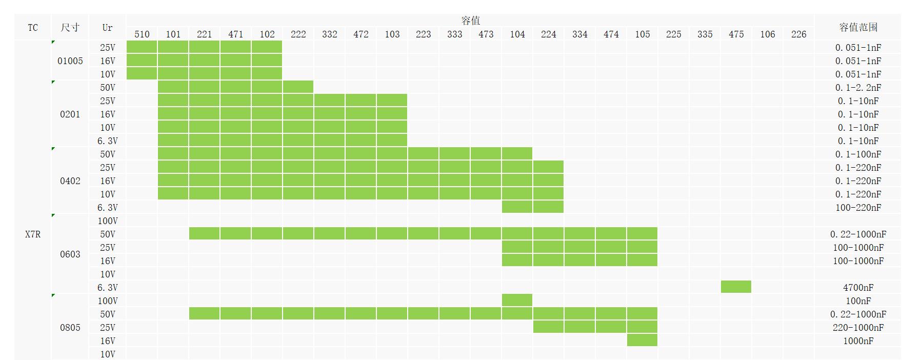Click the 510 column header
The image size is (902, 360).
(142, 34)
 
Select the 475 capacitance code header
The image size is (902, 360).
(736, 34)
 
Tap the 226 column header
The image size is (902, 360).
(798, 34)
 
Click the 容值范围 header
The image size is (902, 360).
(858, 27)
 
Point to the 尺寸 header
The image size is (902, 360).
(70, 27)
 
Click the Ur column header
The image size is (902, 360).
(107, 27)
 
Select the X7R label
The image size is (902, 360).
(33, 234)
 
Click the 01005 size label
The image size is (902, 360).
(70, 61)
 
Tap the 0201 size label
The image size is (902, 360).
(70, 114)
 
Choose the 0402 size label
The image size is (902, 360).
(70, 181)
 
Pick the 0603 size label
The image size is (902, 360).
(70, 254)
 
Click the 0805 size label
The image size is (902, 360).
(70, 328)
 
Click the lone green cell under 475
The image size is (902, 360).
(736, 287)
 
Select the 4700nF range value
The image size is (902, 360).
(858, 288)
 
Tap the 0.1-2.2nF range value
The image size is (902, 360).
(858, 88)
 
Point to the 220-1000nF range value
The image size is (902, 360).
(858, 328)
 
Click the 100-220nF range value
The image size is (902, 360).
(858, 208)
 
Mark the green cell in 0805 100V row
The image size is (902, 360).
(517, 300)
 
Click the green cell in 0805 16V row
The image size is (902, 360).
(642, 340)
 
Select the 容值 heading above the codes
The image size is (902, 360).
(470, 21)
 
